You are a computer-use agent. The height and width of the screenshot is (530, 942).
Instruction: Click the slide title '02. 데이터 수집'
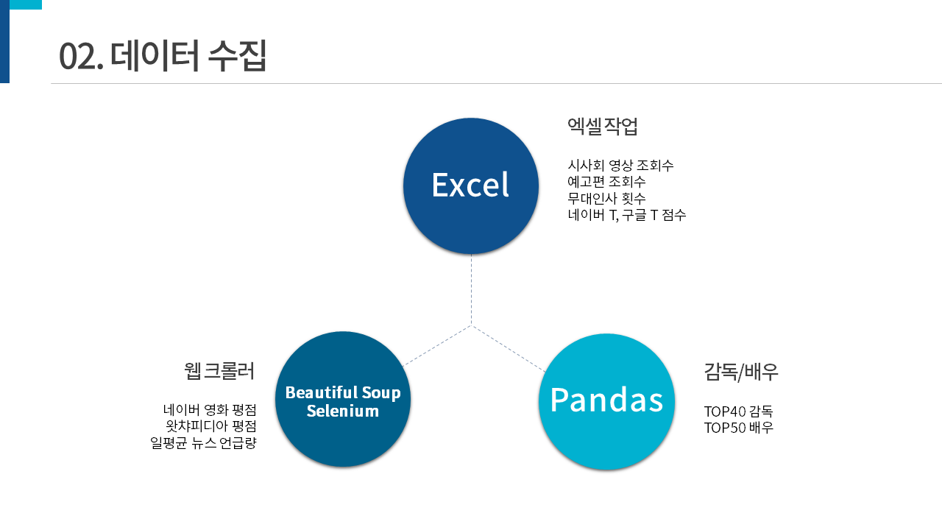tap(163, 56)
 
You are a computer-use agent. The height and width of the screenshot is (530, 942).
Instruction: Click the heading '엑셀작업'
tap(603, 127)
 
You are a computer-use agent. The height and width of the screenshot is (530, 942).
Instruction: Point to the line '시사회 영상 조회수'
tap(620, 166)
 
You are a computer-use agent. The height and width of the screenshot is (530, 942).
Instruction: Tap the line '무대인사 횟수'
tap(606, 199)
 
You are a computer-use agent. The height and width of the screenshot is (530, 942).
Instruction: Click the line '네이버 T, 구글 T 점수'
tap(627, 215)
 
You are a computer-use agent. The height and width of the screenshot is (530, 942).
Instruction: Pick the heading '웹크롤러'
tap(219, 370)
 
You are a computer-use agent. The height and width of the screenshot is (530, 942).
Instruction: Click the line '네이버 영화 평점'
tap(210, 409)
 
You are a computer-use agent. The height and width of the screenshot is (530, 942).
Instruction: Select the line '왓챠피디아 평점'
tap(211, 426)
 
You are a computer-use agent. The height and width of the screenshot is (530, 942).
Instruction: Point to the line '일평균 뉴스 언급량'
tap(203, 443)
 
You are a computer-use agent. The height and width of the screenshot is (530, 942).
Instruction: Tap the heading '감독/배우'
tap(741, 372)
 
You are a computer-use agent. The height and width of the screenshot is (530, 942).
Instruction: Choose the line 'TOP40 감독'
tap(738, 411)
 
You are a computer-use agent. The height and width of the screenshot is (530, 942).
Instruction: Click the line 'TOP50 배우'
tap(738, 428)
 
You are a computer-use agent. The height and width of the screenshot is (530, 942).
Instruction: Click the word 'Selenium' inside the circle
tap(343, 411)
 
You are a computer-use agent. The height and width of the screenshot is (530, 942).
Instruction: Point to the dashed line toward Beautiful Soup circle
tap(437, 345)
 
